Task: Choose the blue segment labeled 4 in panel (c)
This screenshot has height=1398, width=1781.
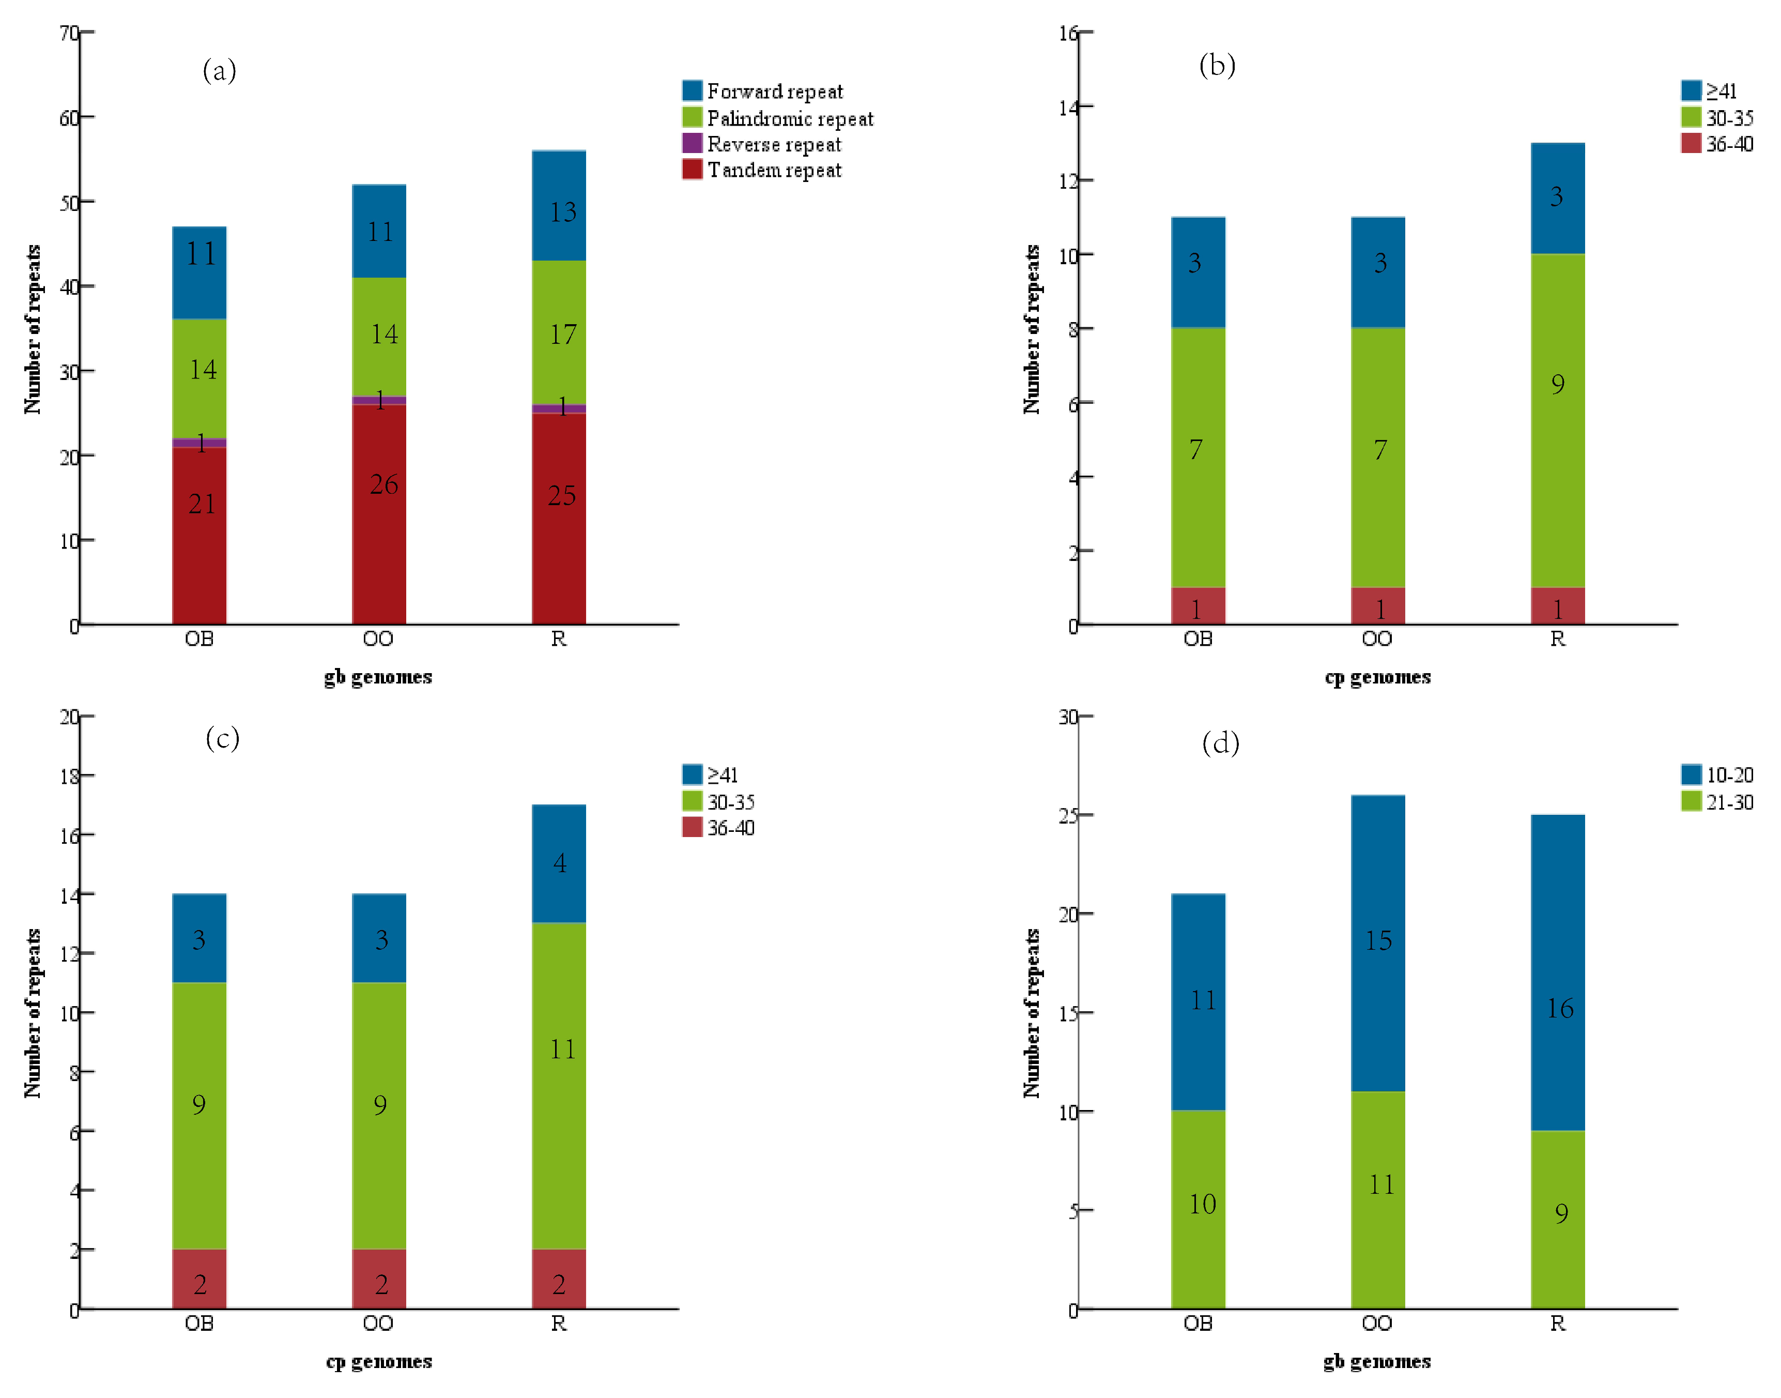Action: tap(559, 863)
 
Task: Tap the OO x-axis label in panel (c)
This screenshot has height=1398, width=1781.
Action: tap(378, 1324)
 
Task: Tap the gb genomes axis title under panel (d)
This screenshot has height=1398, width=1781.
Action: tap(1377, 1361)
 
